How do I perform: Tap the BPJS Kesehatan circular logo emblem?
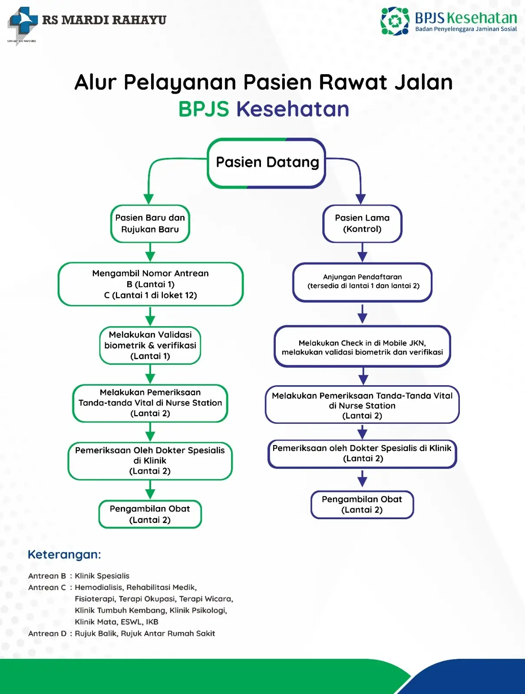click(x=394, y=21)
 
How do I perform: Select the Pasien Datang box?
click(x=267, y=163)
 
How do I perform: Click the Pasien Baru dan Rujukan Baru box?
click(x=150, y=223)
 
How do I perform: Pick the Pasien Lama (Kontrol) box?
click(x=362, y=223)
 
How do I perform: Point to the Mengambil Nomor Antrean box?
click(x=150, y=284)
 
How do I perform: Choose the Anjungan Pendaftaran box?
click(x=363, y=282)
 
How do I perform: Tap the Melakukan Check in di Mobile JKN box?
click(x=362, y=347)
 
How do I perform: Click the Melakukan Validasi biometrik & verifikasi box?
click(x=150, y=345)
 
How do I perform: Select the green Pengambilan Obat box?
click(x=150, y=514)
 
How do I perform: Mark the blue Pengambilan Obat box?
click(x=362, y=504)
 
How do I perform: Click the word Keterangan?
click(x=64, y=554)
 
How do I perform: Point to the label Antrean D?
click(x=47, y=633)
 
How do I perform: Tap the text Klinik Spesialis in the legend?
click(x=102, y=576)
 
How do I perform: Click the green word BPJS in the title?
click(x=204, y=109)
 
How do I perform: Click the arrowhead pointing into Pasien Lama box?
click(x=361, y=199)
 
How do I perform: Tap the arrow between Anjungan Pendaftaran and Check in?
click(x=363, y=314)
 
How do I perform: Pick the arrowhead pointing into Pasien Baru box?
click(x=149, y=199)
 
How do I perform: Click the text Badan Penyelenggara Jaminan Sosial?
click(x=466, y=29)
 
